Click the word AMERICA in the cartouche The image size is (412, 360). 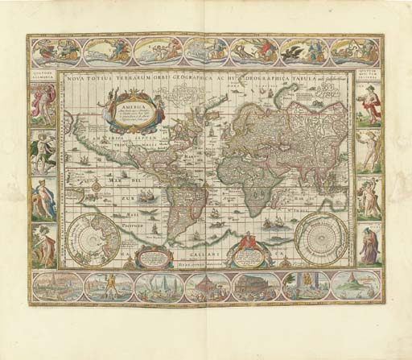click(x=121, y=104)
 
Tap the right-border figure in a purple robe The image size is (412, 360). click(x=369, y=246)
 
